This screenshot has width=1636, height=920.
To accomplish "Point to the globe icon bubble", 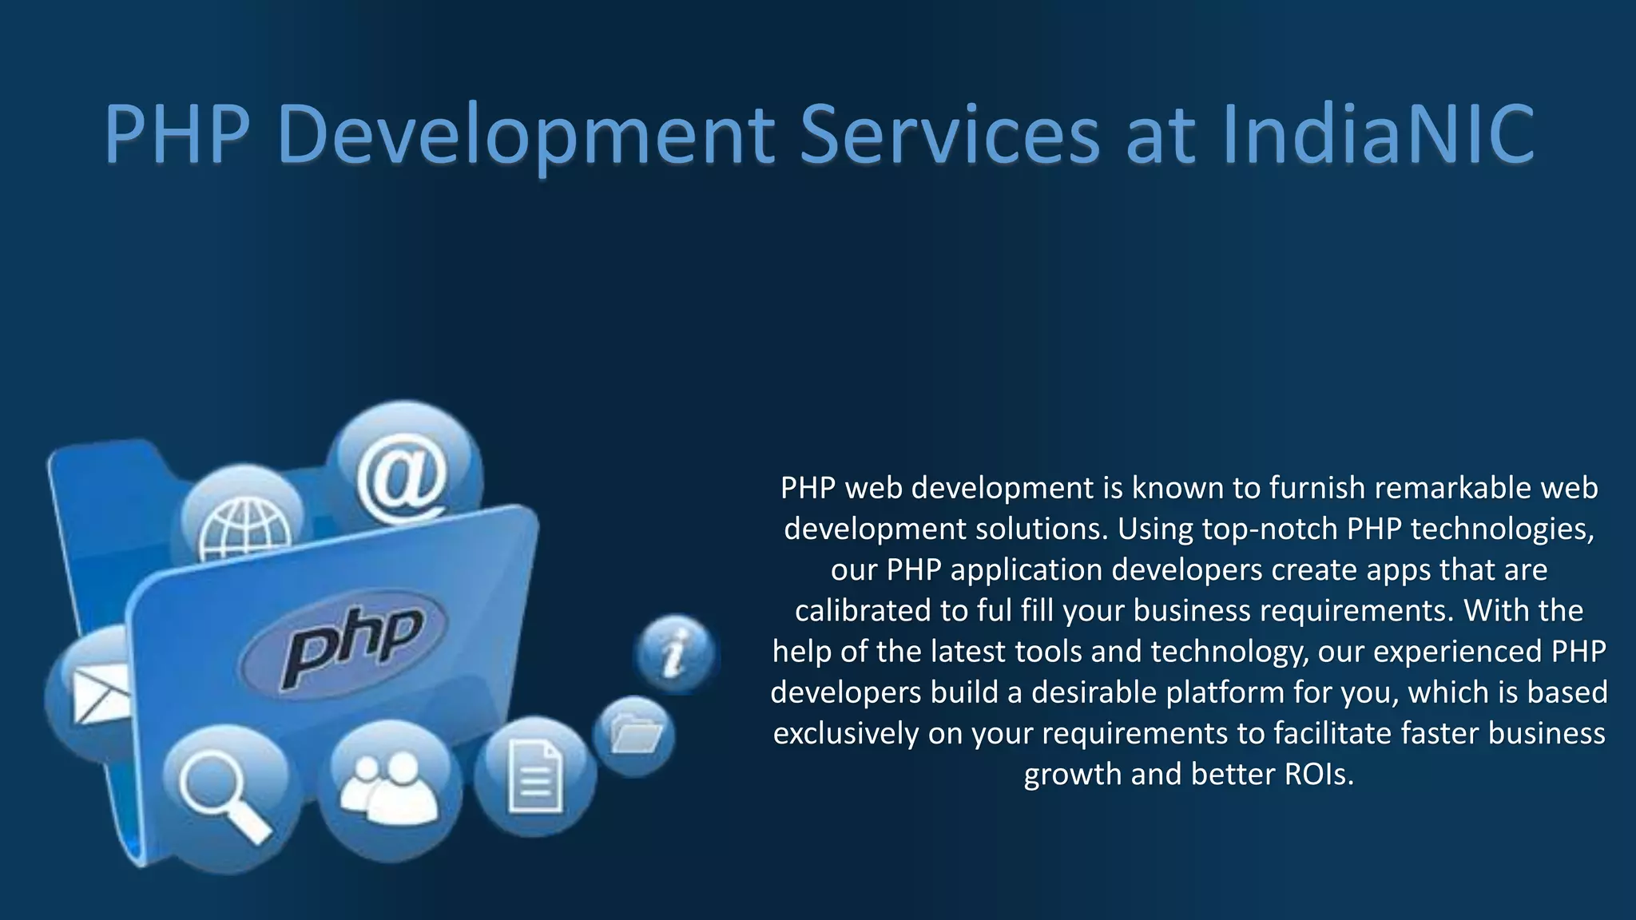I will (x=243, y=523).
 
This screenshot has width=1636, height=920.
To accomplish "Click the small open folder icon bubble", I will (x=634, y=735).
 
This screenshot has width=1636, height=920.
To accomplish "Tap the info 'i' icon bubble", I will (x=676, y=652).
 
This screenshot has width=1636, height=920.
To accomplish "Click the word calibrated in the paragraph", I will (x=863, y=610).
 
